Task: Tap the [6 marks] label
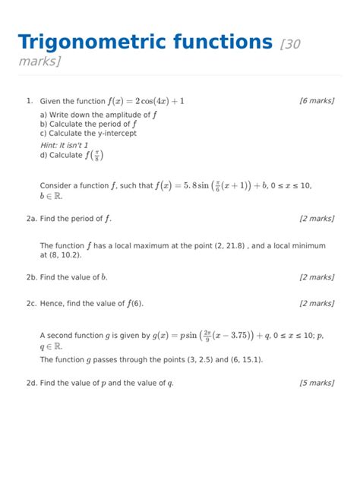(317, 100)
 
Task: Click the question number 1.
(28, 100)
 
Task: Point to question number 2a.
(31, 219)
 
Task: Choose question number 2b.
(31, 277)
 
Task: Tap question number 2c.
(31, 304)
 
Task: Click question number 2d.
(31, 383)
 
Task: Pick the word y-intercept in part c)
(116, 133)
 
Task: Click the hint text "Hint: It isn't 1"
(65, 144)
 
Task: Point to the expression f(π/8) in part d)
(95, 155)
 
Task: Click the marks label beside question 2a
(317, 219)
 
